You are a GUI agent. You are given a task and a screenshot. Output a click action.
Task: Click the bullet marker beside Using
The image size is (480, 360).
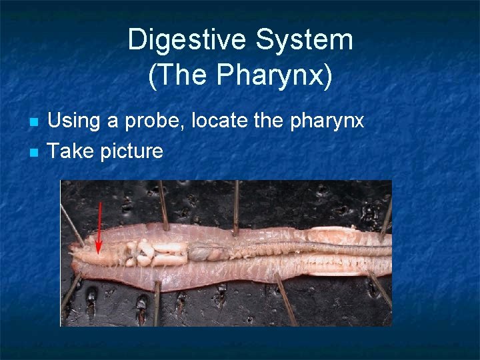(x=35, y=122)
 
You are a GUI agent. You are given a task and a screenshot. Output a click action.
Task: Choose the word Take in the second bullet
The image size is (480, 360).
(x=71, y=151)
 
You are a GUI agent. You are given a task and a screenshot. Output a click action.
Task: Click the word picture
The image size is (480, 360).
(x=131, y=152)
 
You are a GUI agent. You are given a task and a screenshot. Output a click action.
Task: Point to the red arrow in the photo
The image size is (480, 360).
(x=99, y=227)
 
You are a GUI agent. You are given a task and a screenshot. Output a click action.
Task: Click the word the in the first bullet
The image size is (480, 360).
(x=268, y=121)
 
